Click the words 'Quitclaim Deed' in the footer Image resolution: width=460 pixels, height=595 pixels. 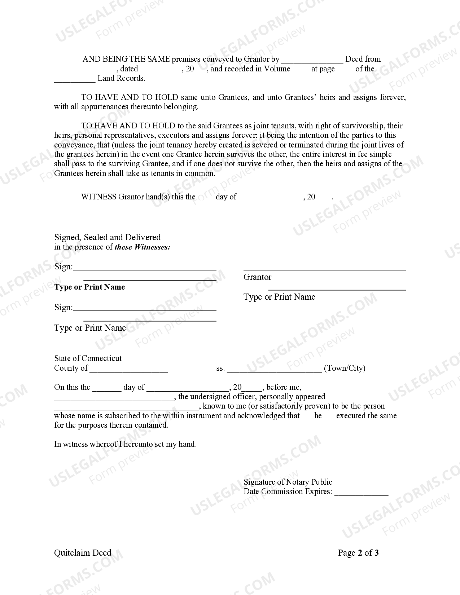tap(83, 553)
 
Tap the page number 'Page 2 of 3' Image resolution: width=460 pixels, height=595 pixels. tap(358, 553)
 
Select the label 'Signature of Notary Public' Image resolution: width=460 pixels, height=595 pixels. tap(288, 482)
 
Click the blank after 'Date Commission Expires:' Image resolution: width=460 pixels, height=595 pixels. tap(361, 493)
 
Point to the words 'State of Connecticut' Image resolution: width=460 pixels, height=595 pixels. tap(88, 358)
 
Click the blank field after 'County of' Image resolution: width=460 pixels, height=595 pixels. tap(129, 370)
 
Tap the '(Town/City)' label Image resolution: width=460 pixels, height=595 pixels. tap(345, 368)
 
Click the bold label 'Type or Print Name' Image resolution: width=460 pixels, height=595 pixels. tap(89, 287)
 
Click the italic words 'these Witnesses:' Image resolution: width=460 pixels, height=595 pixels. tap(143, 247)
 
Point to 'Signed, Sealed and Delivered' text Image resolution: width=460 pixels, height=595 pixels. tap(108, 237)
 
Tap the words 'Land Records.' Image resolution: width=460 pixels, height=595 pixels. tap(121, 78)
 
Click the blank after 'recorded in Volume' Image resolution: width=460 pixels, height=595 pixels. tap(301, 70)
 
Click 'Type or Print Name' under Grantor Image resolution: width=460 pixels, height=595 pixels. tap(279, 297)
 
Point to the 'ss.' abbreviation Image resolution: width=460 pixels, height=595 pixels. tap(220, 368)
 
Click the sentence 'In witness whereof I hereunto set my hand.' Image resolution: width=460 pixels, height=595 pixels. tap(125, 444)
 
